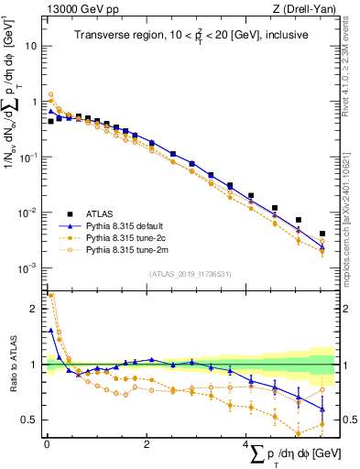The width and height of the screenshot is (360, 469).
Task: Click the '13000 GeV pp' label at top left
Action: pos(77,10)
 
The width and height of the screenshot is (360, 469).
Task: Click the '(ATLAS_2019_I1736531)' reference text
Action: pos(189,273)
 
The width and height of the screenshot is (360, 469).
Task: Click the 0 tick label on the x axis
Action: pos(47,443)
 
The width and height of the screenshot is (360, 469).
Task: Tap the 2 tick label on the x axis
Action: pos(147,443)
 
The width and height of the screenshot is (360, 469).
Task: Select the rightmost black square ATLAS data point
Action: pos(322,234)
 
